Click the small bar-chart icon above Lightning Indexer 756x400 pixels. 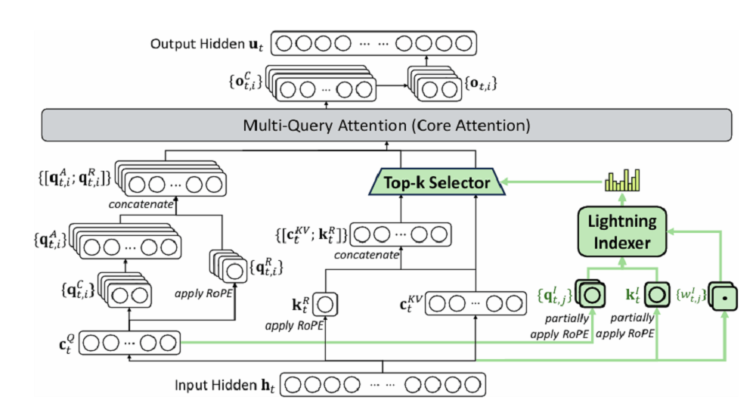(x=622, y=181)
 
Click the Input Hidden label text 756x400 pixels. (x=224, y=385)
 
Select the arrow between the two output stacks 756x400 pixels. (x=392, y=86)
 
